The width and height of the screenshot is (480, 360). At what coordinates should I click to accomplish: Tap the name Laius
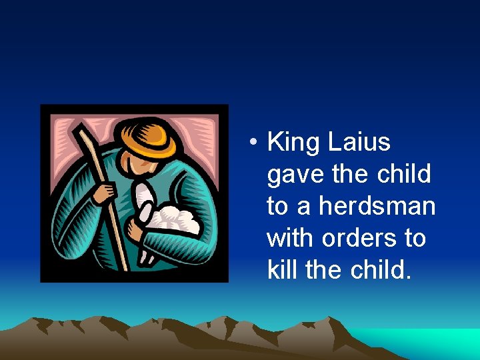point(359,143)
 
